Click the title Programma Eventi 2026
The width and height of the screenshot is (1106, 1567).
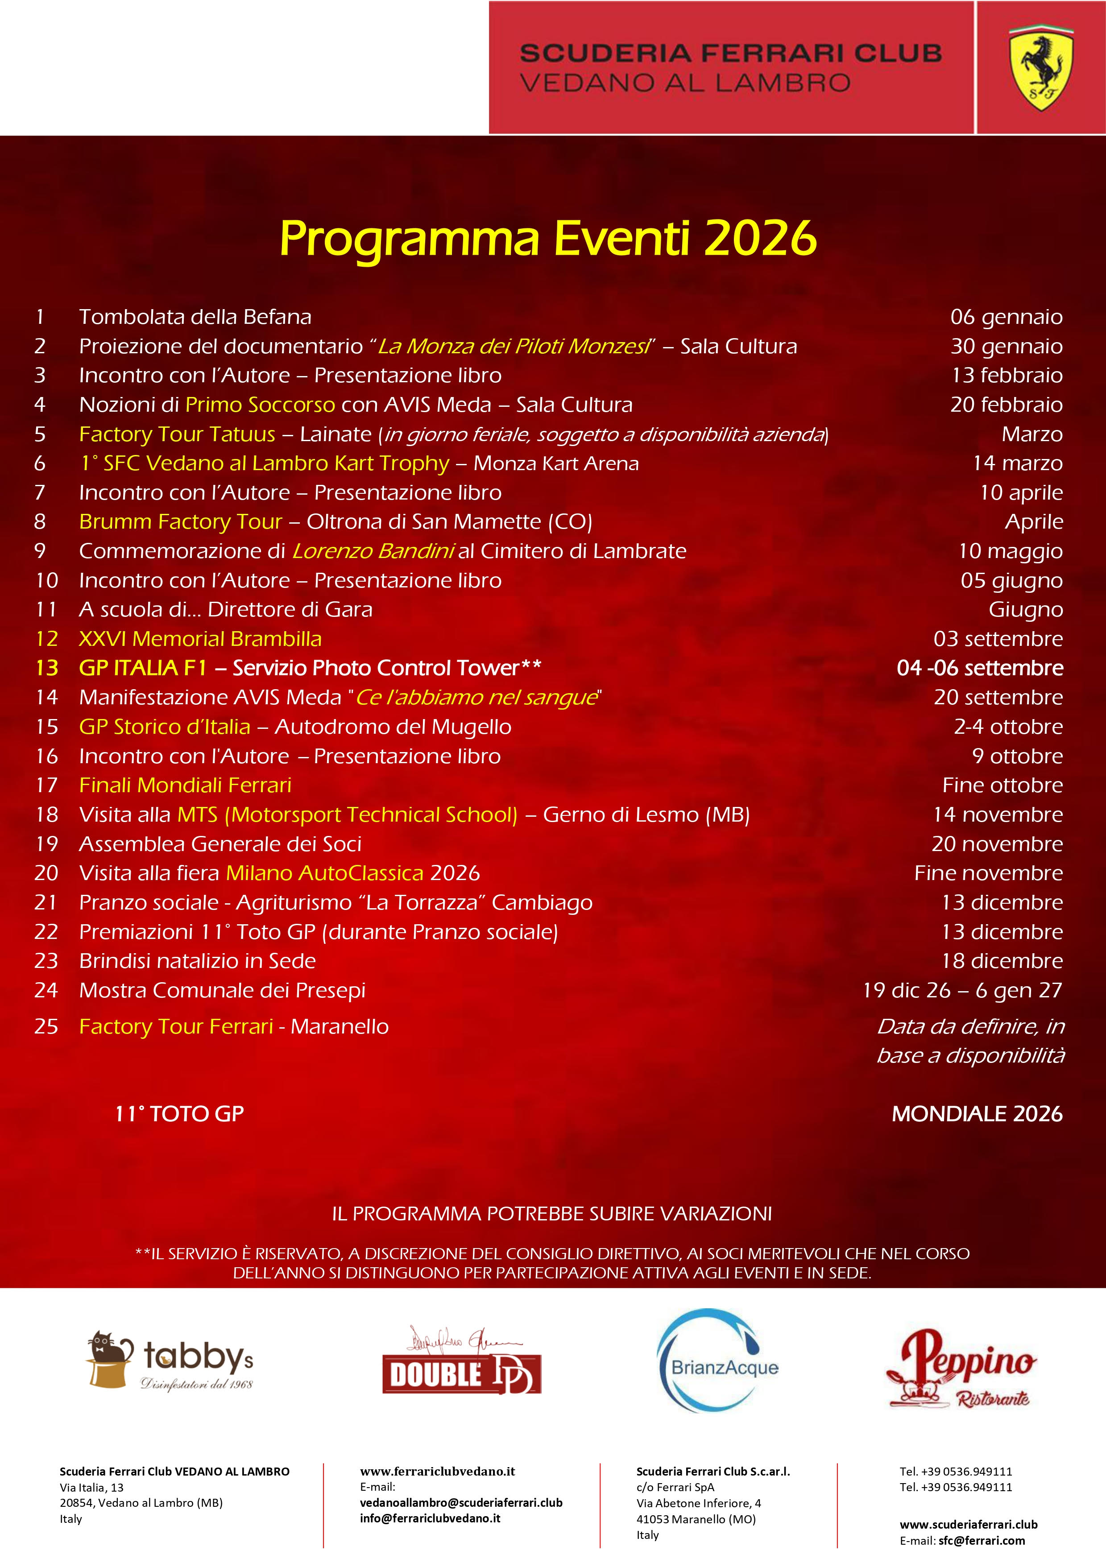pos(548,238)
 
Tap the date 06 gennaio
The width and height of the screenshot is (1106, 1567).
pos(1007,317)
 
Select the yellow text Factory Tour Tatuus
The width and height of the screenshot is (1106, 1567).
pos(177,434)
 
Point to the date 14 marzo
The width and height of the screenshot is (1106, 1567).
pos(1017,463)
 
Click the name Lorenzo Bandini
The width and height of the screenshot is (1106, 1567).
pos(373,551)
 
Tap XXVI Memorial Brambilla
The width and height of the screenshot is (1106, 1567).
pos(200,639)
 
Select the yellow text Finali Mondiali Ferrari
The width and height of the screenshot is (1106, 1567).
pos(185,785)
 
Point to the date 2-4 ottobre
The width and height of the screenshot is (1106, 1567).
pos(1008,727)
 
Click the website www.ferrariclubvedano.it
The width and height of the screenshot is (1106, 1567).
pos(438,1472)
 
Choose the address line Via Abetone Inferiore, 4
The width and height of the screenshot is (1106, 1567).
pos(698,1503)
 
